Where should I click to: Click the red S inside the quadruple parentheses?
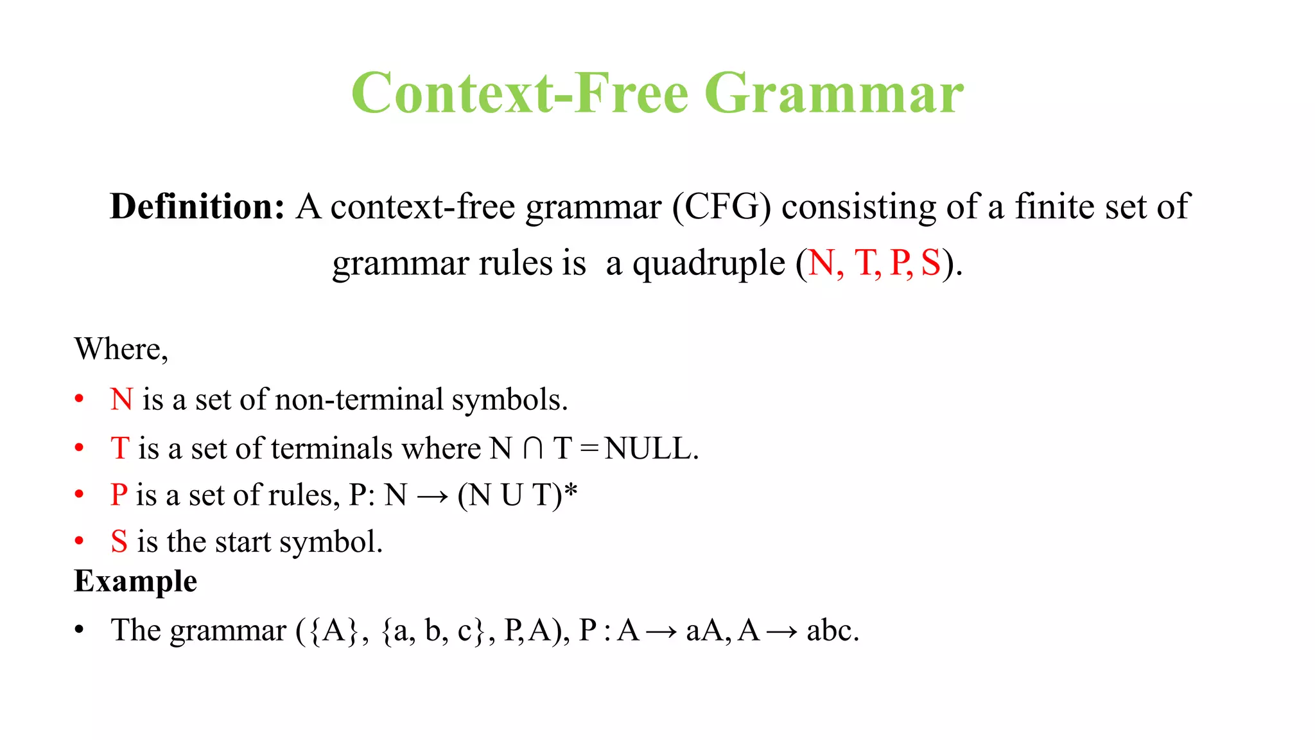click(x=930, y=263)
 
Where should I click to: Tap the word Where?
click(x=121, y=349)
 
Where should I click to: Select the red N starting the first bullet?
click(x=121, y=400)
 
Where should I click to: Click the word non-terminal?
click(x=359, y=400)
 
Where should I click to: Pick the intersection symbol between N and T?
click(x=533, y=448)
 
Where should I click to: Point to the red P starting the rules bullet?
click(x=119, y=495)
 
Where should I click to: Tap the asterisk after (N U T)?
click(x=571, y=491)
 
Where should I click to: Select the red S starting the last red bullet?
click(x=119, y=542)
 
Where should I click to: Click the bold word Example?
click(x=135, y=581)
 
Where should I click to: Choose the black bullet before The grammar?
click(x=79, y=630)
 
